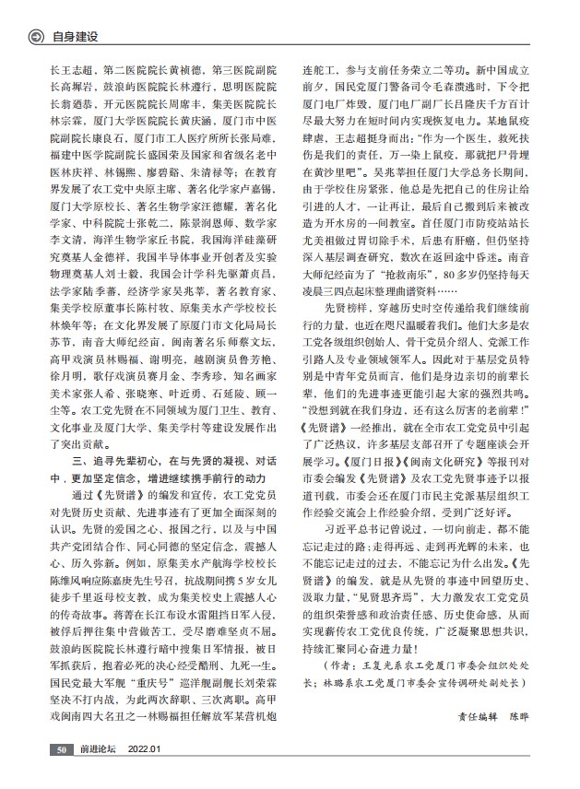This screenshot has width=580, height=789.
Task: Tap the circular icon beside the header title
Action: click(x=37, y=38)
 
